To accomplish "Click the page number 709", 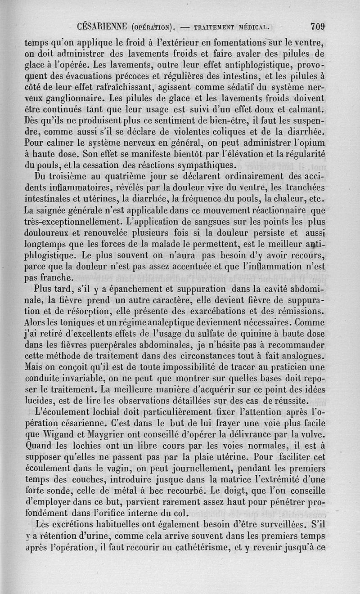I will click(x=318, y=26).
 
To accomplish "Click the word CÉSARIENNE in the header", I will click(x=102, y=26).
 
